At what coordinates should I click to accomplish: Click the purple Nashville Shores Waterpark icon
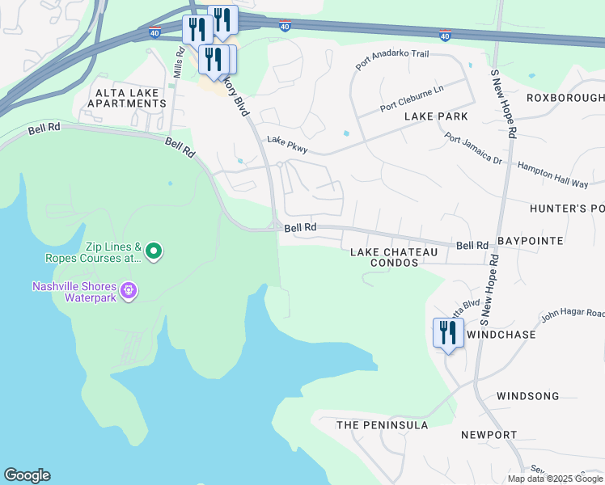pos(127,289)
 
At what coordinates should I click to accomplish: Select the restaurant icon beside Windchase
pos(448,333)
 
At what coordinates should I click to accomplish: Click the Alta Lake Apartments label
pos(131,99)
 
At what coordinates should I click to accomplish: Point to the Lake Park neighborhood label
pos(436,116)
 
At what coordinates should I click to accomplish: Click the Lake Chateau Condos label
pos(394,257)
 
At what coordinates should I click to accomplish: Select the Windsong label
pos(527,396)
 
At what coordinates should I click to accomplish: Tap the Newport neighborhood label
pos(489,435)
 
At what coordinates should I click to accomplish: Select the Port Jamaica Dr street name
pos(473,148)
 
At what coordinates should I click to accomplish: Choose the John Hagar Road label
pos(573,313)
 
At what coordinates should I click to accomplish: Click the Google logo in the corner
pos(27,475)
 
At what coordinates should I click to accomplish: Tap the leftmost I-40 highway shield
pos(155,32)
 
